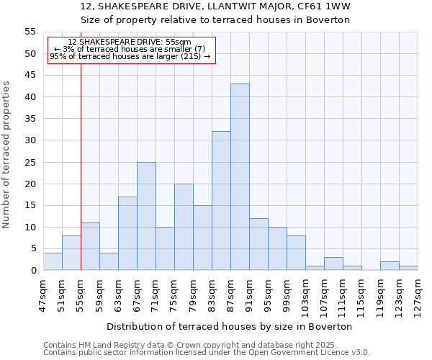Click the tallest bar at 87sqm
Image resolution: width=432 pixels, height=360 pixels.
click(x=240, y=177)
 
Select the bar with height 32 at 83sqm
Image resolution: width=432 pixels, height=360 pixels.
click(x=221, y=201)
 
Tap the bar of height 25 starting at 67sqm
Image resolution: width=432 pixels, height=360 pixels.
click(x=146, y=216)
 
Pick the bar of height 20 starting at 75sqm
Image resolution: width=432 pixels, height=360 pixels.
click(x=184, y=227)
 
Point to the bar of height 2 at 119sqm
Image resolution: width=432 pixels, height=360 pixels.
click(x=390, y=266)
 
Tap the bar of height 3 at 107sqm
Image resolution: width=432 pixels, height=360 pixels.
click(x=333, y=264)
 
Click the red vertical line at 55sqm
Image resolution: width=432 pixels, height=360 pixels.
click(x=81, y=166)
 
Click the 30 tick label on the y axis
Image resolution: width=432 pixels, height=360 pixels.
click(x=30, y=140)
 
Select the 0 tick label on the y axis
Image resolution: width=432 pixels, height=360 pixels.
click(x=32, y=271)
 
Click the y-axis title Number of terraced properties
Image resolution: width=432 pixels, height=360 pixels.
click(x=7, y=155)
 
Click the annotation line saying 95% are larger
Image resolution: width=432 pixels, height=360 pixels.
click(x=130, y=56)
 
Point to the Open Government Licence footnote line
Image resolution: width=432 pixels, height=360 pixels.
click(x=207, y=352)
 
